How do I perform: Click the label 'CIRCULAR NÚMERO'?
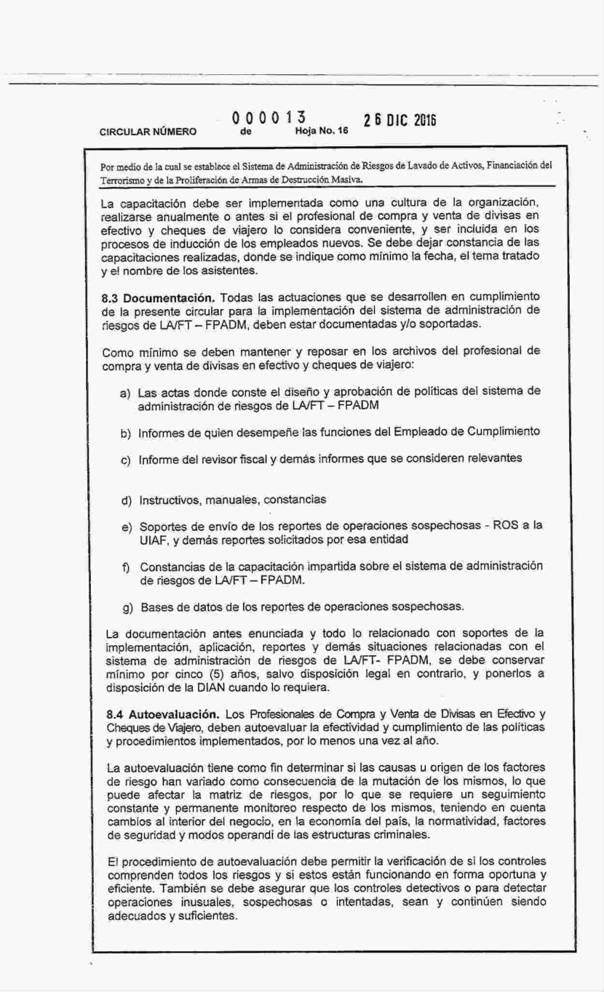[148, 132]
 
